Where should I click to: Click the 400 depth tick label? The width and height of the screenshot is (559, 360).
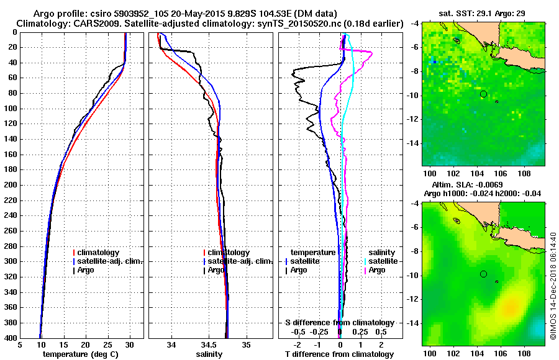[11, 338]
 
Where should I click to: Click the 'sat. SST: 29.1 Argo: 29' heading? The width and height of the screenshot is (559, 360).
[483, 13]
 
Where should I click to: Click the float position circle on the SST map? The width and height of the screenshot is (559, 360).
[483, 94]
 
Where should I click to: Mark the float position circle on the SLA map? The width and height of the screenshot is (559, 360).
[483, 274]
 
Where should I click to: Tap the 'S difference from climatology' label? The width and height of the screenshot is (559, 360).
[339, 323]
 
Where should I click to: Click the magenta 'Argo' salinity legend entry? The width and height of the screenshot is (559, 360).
[377, 270]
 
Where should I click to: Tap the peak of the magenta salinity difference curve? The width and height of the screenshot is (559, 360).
[371, 52]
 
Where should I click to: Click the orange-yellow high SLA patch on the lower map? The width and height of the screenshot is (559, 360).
[511, 305]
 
